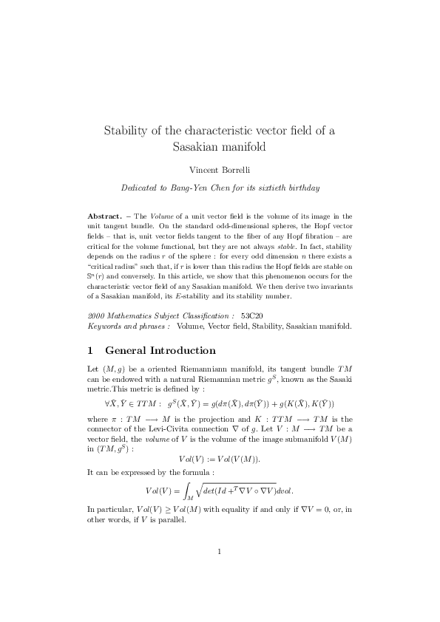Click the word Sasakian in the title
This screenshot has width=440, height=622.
(197, 146)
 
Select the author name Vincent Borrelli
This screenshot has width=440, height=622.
(220, 170)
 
